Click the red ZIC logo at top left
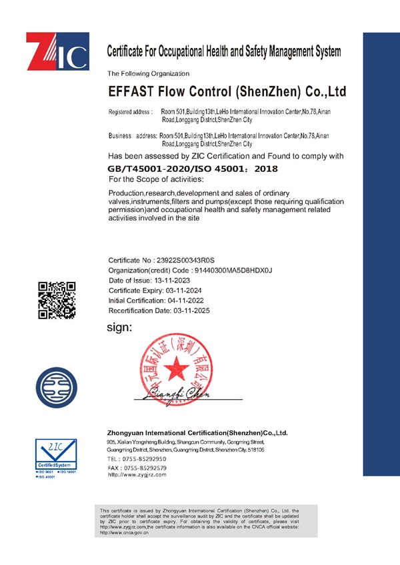pyautogui.click(x=57, y=51)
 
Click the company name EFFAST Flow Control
pyautogui.click(x=227, y=91)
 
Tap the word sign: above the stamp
pyautogui.click(x=120, y=327)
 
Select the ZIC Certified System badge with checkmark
pyautogui.click(x=57, y=455)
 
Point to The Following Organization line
pyautogui.click(x=149, y=73)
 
